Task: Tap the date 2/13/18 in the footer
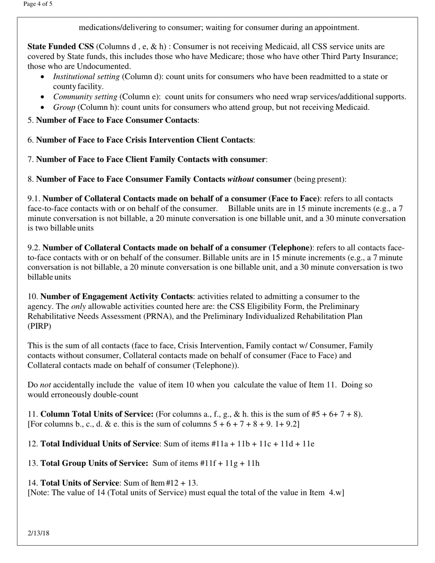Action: (38, 533)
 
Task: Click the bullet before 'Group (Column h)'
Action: (43, 108)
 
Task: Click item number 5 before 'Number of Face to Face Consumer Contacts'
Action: (30, 120)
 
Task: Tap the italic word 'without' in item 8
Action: (240, 179)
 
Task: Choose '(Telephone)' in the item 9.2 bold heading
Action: (291, 248)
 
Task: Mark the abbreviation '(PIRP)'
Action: (39, 326)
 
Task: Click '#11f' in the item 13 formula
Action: (208, 463)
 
